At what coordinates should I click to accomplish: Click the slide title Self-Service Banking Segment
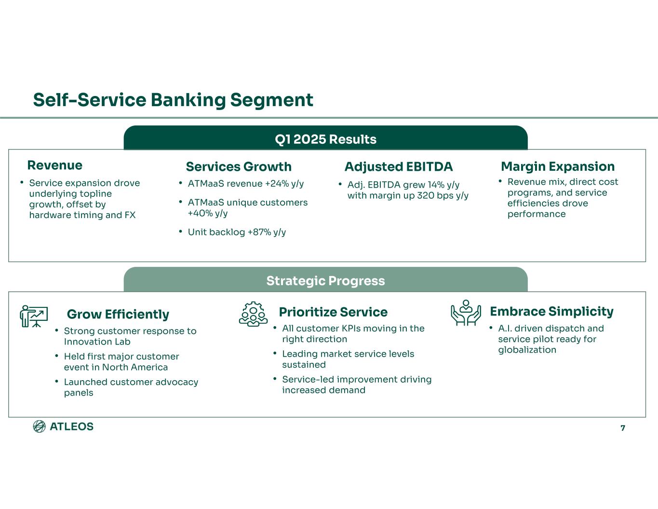(x=173, y=100)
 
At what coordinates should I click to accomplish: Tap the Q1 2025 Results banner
(x=325, y=139)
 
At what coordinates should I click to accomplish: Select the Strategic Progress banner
(x=325, y=281)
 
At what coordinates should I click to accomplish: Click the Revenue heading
(x=54, y=165)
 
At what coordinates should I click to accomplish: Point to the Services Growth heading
(x=239, y=166)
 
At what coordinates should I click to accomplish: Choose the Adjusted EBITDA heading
(x=399, y=166)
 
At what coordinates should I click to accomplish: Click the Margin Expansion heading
(x=558, y=166)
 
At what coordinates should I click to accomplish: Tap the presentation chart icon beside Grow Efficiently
(x=34, y=316)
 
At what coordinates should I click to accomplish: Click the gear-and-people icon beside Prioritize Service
(x=253, y=314)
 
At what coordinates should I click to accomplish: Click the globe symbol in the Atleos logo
(x=39, y=426)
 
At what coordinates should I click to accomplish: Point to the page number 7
(x=623, y=428)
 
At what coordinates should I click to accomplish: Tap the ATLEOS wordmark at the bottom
(x=72, y=426)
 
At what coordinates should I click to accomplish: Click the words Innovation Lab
(x=97, y=342)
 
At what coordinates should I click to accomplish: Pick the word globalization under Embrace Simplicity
(x=527, y=350)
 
